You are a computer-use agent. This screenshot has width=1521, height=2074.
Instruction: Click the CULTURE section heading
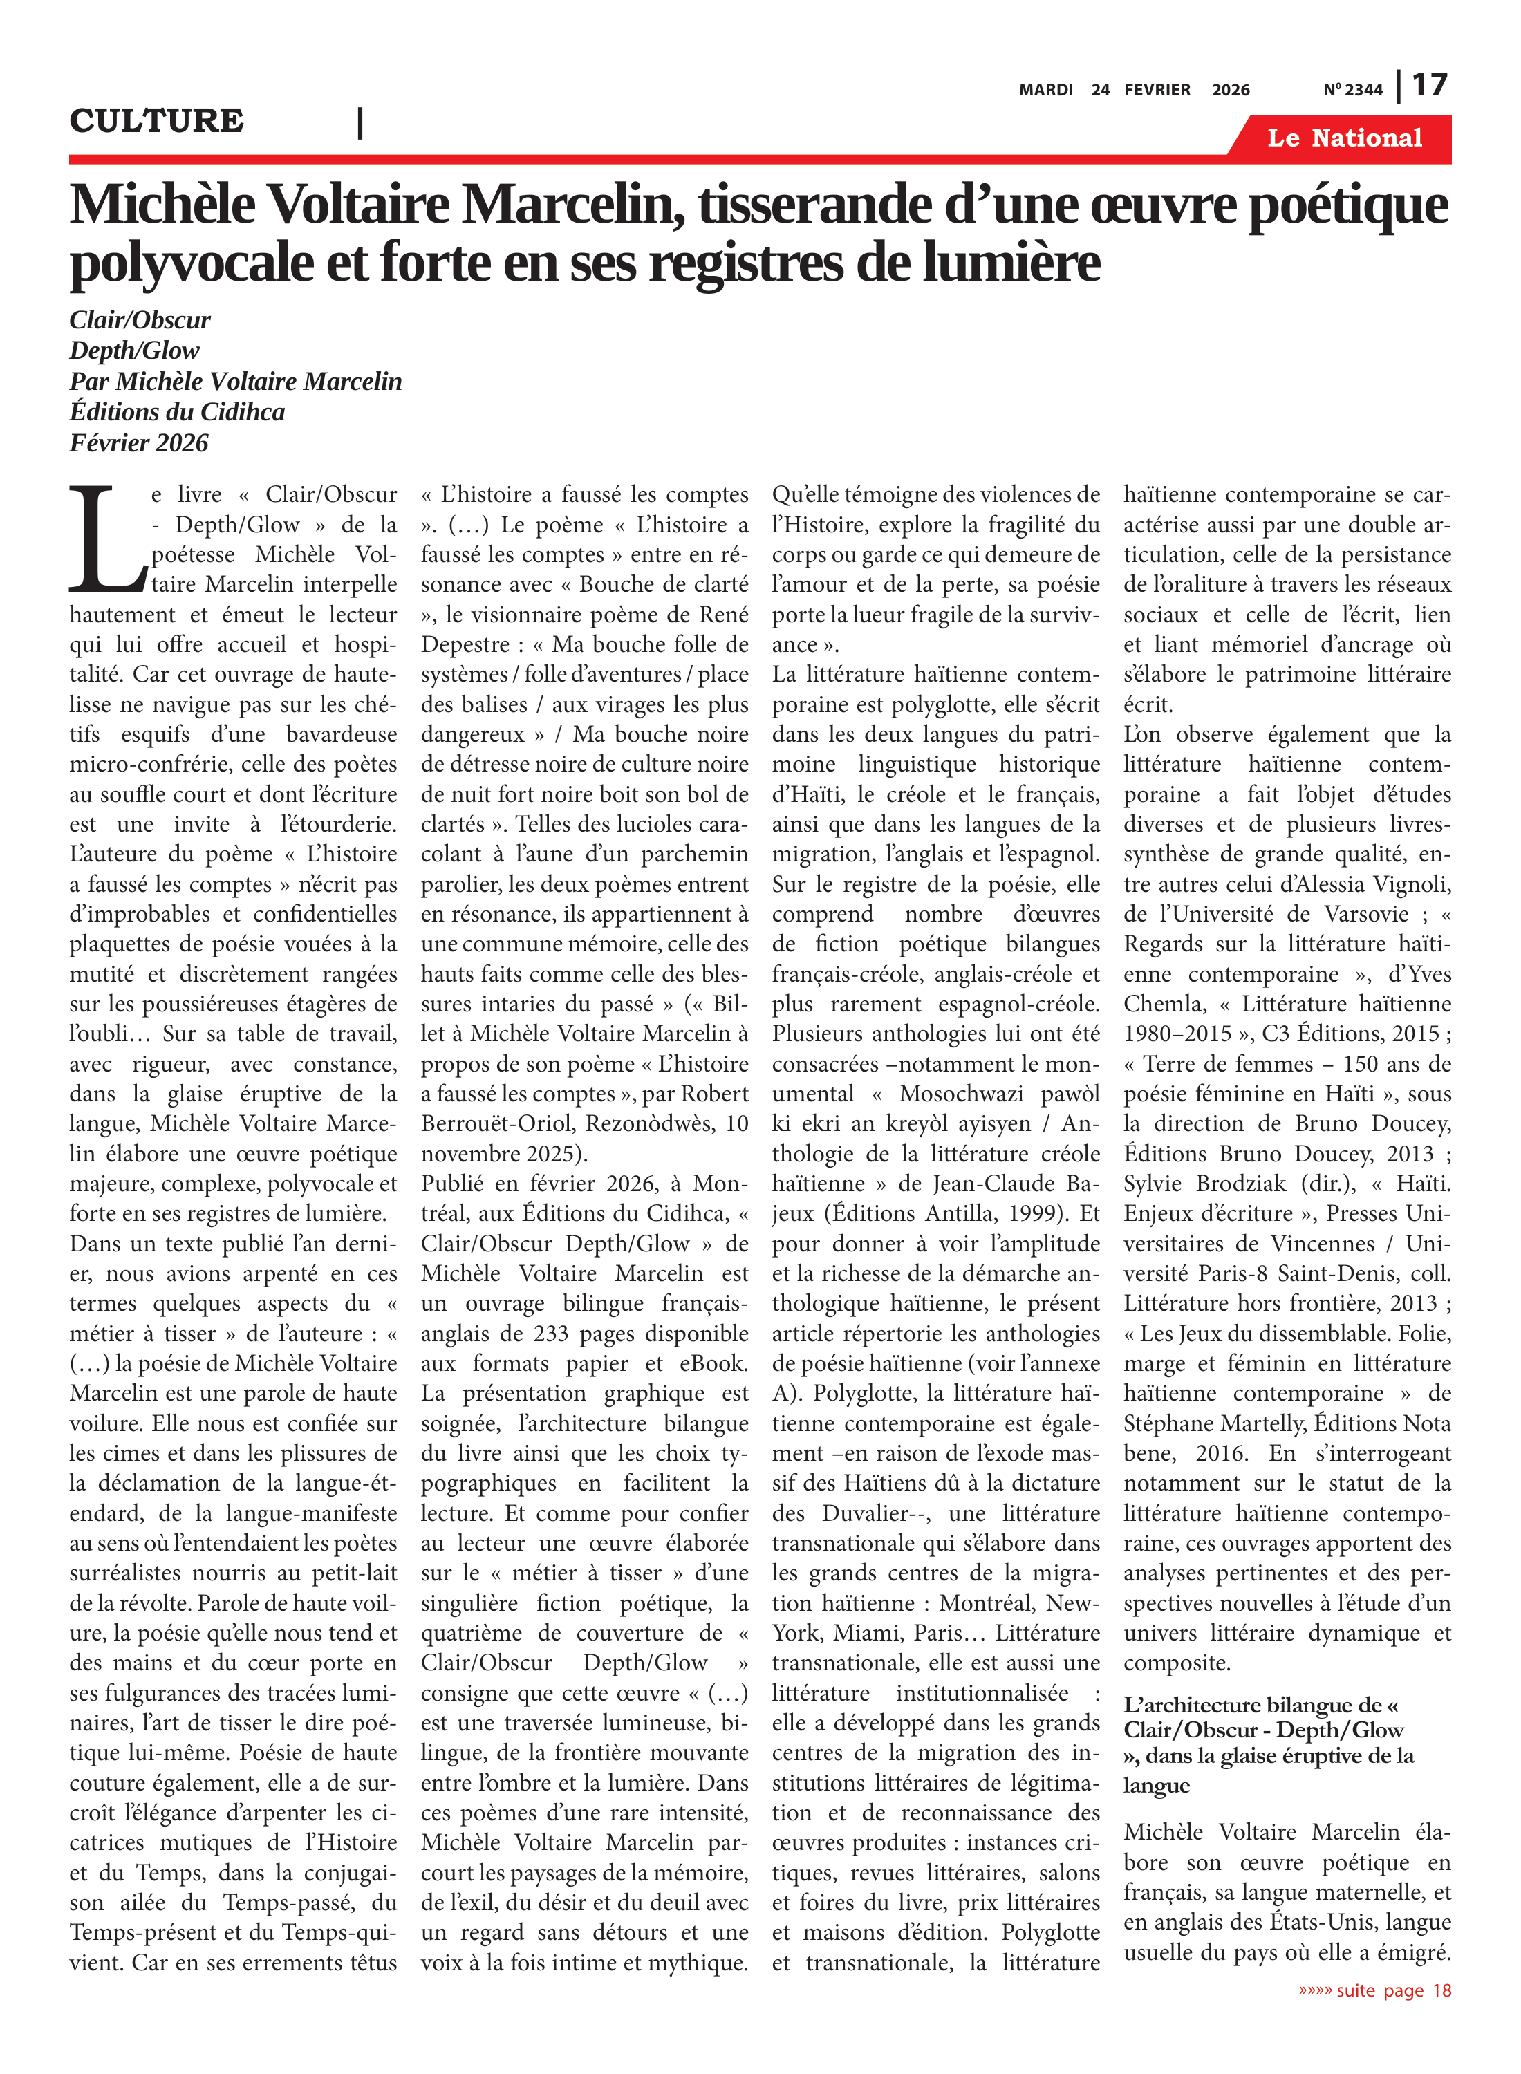tap(156, 120)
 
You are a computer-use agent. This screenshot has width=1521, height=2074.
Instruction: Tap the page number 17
tap(1430, 86)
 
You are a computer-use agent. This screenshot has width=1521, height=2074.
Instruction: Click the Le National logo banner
tap(1344, 138)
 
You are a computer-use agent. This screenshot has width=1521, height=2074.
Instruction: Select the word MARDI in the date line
tap(1046, 90)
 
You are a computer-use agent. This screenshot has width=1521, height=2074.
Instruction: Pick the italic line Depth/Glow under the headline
tap(134, 351)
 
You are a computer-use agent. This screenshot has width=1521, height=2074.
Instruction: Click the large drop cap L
tap(106, 541)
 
